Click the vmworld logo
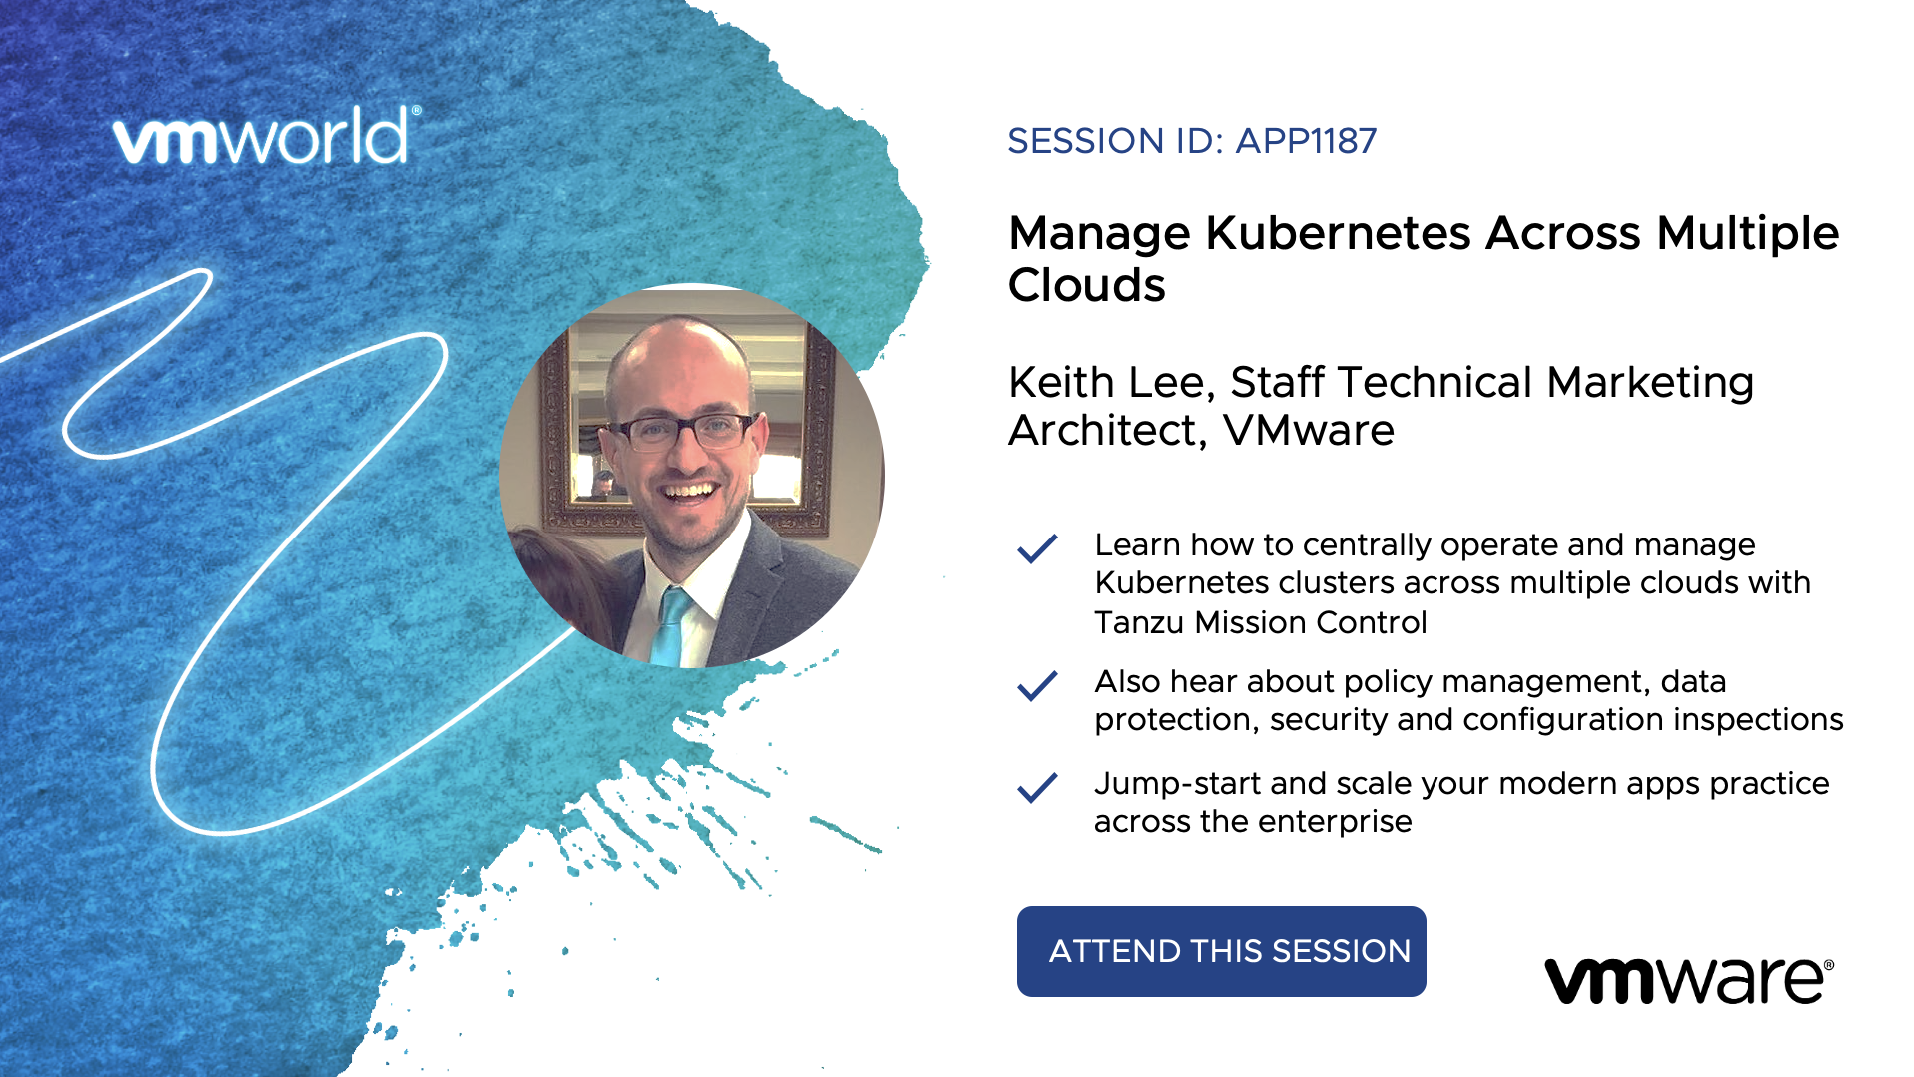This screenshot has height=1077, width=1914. click(x=267, y=136)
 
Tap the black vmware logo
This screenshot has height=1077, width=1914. click(x=1689, y=979)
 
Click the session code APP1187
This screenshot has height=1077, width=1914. click(x=1306, y=141)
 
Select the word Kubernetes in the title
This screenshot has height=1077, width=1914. click(x=1339, y=233)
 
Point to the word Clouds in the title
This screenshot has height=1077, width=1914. click(x=1087, y=285)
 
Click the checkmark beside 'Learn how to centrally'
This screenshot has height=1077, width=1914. click(x=1037, y=548)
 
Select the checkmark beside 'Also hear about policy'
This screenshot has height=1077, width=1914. click(x=1037, y=685)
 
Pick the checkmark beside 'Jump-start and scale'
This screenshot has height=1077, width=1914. click(x=1037, y=787)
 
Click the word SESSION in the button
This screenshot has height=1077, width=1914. click(x=1341, y=951)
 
